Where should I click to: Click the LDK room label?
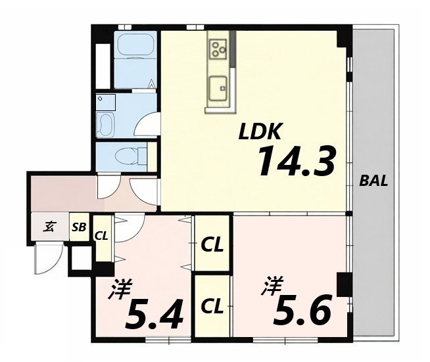[x=260, y=132]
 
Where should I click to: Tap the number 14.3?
[x=297, y=162]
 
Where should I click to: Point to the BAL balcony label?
[x=373, y=181]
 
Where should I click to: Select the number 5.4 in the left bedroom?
[x=154, y=314]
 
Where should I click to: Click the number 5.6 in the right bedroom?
[x=302, y=309]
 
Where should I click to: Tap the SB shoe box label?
[x=79, y=227]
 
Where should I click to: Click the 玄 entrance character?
[x=49, y=227]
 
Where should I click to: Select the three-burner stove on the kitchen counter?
[x=218, y=49]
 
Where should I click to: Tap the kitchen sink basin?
[x=218, y=89]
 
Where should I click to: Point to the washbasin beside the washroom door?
[x=105, y=125]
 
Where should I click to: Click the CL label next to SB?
[x=101, y=236]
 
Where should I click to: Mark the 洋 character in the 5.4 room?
[x=120, y=289]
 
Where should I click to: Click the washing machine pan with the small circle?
[x=106, y=102]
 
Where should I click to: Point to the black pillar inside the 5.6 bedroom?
[x=344, y=284]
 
